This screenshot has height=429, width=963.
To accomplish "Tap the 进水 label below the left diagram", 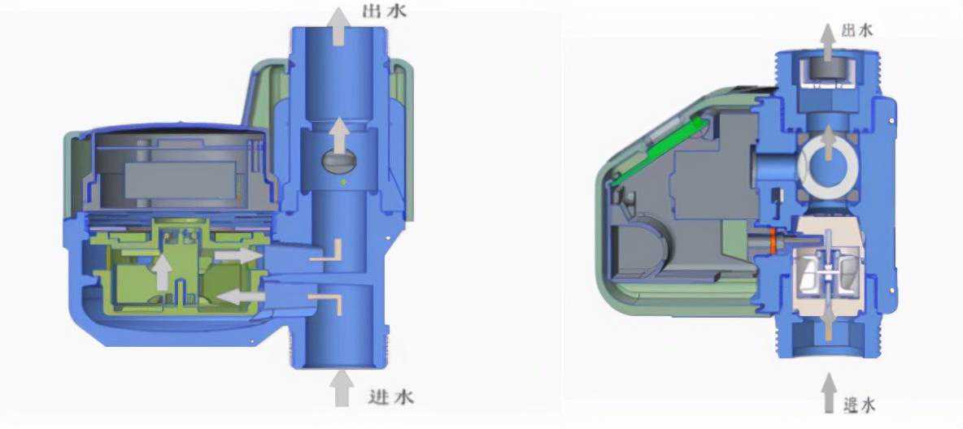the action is (390, 396).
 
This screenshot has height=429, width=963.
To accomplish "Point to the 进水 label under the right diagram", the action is (859, 405).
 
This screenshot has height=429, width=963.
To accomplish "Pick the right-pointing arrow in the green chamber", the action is (237, 255).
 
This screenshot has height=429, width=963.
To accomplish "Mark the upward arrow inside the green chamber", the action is (162, 272).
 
